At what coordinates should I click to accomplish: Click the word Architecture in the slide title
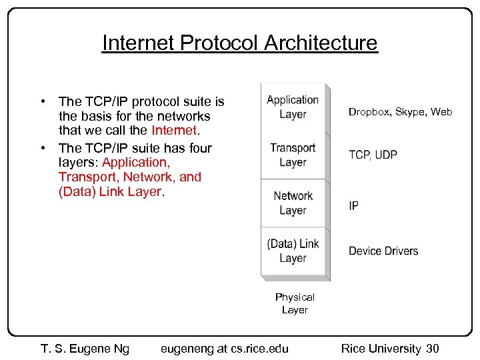point(321,43)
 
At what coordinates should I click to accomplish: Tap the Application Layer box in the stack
point(293,107)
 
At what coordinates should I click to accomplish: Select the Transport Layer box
point(293,155)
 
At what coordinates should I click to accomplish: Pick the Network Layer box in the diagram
point(293,203)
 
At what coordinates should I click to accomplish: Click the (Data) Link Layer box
point(293,251)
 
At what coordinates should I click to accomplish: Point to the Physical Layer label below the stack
point(295,303)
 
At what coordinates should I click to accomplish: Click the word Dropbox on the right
point(369,112)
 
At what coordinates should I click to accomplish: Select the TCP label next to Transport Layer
point(359,155)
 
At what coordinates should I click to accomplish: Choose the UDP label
point(386,155)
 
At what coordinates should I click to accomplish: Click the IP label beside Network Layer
point(353,205)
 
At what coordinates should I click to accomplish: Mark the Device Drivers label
point(383,251)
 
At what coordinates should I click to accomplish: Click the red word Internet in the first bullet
point(174,131)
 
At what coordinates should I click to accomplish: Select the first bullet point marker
point(42,101)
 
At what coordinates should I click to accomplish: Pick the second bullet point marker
point(42,147)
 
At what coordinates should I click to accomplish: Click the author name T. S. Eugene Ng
point(85,348)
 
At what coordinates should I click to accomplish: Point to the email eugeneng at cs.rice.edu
point(225,348)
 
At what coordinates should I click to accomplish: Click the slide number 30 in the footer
point(432,348)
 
